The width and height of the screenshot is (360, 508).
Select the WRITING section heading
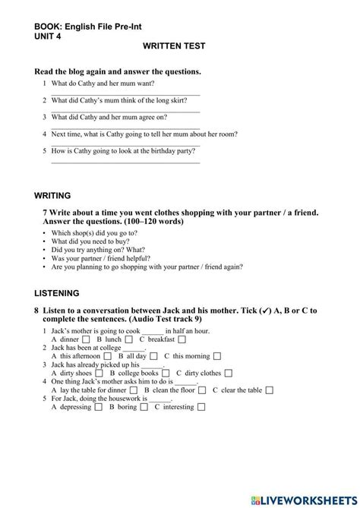click(x=53, y=195)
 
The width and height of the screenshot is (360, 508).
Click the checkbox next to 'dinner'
click(x=87, y=339)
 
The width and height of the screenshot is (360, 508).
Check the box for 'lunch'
click(x=130, y=339)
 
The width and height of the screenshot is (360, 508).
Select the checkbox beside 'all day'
click(x=154, y=356)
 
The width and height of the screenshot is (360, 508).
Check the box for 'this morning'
click(x=218, y=356)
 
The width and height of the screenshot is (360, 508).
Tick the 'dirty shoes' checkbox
click(x=99, y=374)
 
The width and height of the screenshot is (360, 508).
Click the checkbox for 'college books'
click(x=165, y=374)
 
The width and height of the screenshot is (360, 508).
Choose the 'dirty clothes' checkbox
click(x=229, y=374)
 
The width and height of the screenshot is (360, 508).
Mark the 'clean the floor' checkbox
click(x=202, y=390)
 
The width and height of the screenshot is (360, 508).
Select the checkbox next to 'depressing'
click(x=98, y=408)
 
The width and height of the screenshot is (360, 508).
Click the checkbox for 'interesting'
click(x=201, y=408)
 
